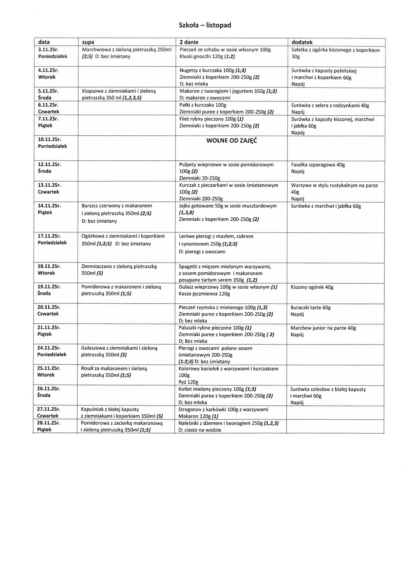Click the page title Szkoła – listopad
pyautogui.click(x=205, y=25)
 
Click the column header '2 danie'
pyautogui.click(x=189, y=42)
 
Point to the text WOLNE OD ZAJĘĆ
pyautogui.click(x=231, y=141)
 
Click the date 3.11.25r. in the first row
pyautogui.click(x=48, y=50)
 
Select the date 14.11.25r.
pyautogui.click(x=49, y=206)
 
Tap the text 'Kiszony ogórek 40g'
pyautogui.click(x=312, y=287)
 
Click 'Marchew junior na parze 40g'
pyautogui.click(x=323, y=328)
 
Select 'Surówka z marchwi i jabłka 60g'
pyautogui.click(x=326, y=206)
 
